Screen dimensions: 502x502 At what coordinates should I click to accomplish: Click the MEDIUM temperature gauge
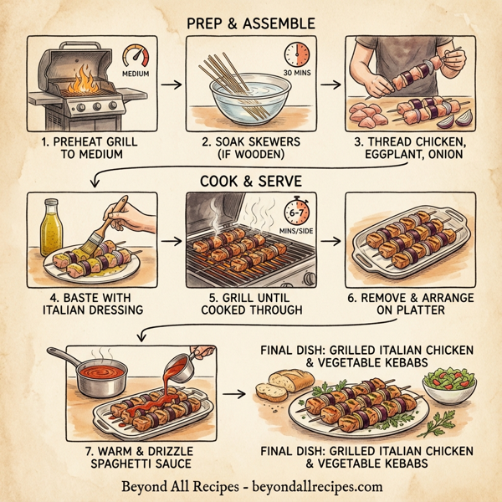pos(136,60)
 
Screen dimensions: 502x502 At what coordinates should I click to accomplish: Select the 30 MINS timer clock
pos(297,56)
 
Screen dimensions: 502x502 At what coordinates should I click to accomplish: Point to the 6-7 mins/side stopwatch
pos(296,210)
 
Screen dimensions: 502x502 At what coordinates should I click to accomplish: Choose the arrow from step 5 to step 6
pos(330,240)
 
